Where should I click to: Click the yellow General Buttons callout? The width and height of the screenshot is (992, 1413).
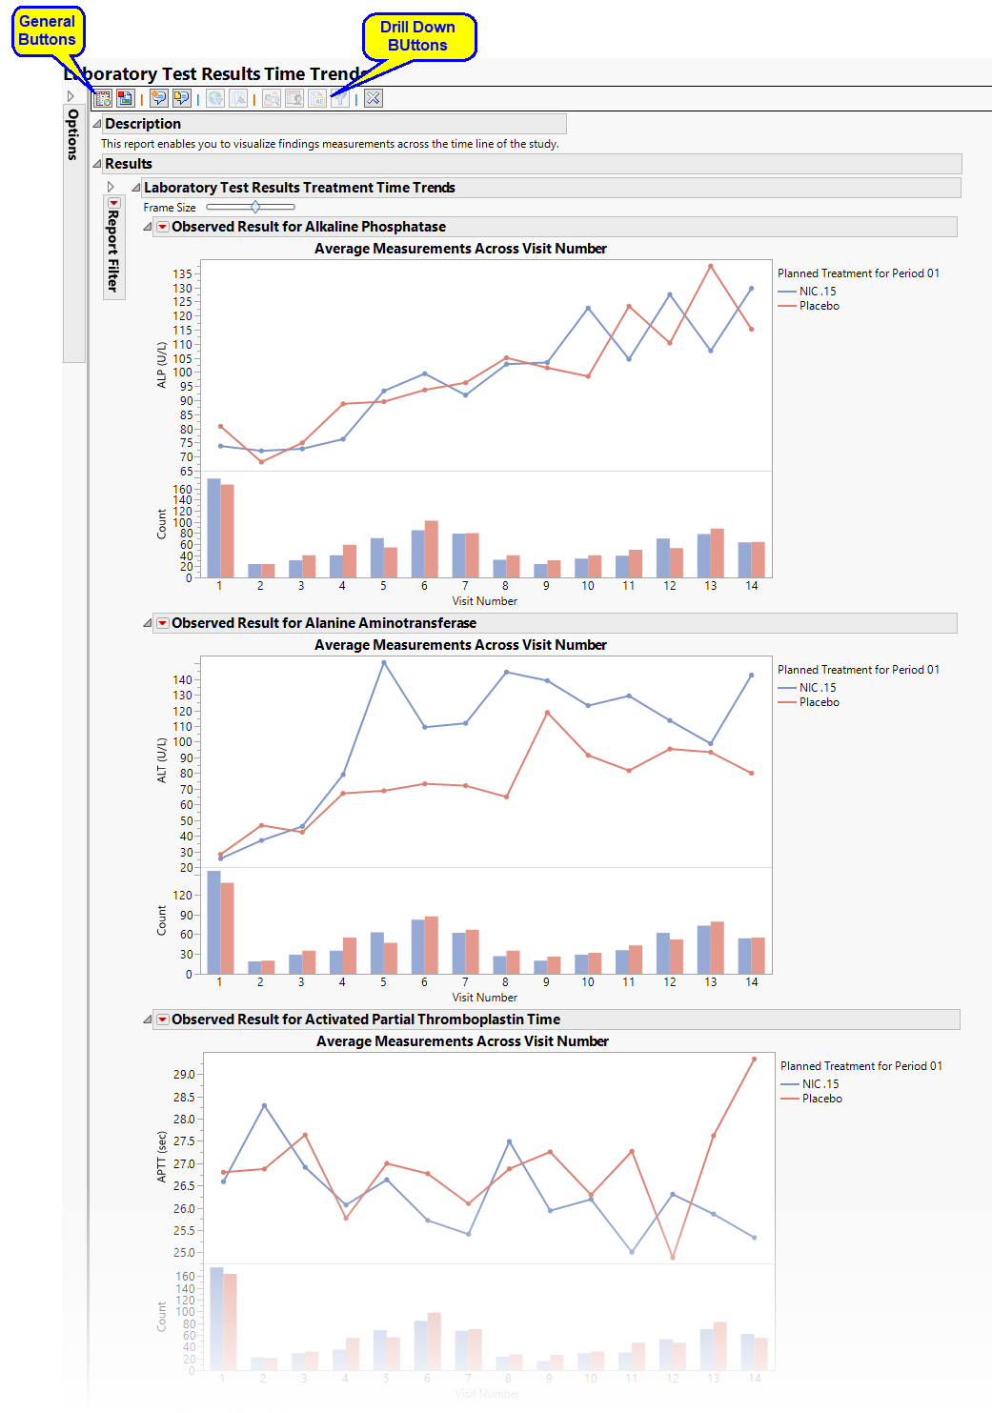47,30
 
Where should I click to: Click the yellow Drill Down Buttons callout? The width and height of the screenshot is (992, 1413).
417,36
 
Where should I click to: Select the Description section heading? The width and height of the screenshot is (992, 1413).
143,124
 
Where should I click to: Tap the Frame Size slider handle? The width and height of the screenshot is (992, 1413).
255,207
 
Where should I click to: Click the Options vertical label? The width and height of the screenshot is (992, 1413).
73,134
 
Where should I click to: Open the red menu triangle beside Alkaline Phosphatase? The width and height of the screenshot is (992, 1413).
163,227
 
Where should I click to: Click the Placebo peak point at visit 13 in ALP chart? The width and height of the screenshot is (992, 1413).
711,266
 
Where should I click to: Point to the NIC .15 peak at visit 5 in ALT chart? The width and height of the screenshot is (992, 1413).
384,662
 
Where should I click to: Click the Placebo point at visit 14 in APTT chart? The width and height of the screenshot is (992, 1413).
755,1059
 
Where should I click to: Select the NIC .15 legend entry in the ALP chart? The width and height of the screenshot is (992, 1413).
817,292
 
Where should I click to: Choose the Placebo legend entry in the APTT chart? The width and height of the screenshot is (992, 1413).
821,1099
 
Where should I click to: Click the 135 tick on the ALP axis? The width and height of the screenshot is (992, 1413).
182,274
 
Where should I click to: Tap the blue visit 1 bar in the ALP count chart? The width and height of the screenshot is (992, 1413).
213,529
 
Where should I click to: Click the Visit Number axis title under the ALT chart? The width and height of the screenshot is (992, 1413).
484,998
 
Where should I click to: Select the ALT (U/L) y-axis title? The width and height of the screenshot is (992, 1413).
161,760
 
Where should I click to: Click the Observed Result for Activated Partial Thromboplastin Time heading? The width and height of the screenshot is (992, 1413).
366,1019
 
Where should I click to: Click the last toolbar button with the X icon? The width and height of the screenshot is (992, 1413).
374,98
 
